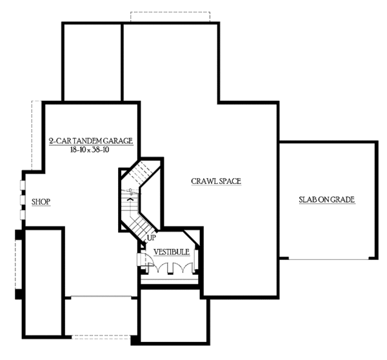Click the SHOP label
pyautogui.click(x=40, y=202)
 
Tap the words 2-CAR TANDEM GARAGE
pyautogui.click(x=90, y=141)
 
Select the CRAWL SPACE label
pyautogui.click(x=215, y=181)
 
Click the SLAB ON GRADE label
pyautogui.click(x=326, y=199)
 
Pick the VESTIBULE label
pyautogui.click(x=171, y=252)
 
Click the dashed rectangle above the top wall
pyautogui.click(x=172, y=15)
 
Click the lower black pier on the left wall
pyautogui.click(x=19, y=294)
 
